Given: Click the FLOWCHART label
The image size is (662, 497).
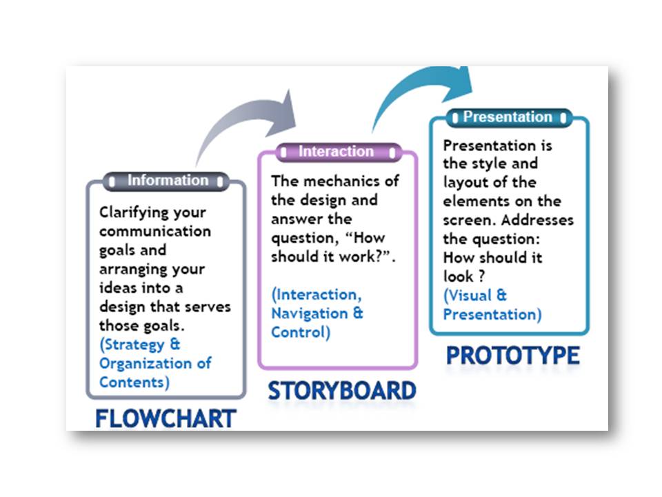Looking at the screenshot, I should [165, 418].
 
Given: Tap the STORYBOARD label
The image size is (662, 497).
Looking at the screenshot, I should [342, 391].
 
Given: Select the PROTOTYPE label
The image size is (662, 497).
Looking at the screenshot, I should [512, 355].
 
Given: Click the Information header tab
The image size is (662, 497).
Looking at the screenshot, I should [166, 181].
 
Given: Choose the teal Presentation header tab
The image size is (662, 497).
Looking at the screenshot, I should [508, 117].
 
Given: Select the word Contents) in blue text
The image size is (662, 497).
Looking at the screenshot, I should [134, 382].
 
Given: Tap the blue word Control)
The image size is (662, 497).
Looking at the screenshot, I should [301, 332].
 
